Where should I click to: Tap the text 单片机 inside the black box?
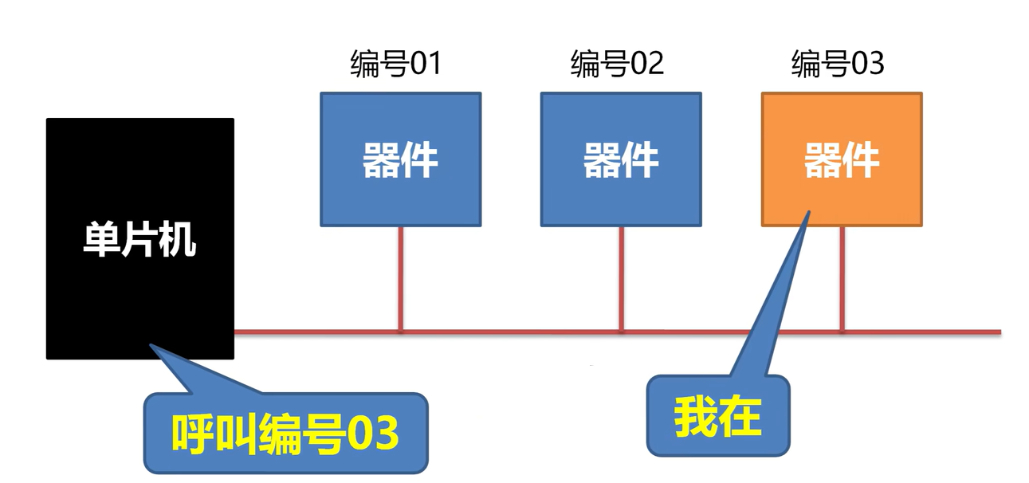pos(139,238)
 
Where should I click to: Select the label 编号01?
pos(395,64)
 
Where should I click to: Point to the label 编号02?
pos(617,64)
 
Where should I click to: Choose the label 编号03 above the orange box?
pos(838,64)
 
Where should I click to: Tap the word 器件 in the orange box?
pos(842,160)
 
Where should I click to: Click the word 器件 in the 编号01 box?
pos(400,160)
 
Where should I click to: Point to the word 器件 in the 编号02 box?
pos(621,160)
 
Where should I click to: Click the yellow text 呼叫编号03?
pos(285,434)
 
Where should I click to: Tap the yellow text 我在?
pos(717,417)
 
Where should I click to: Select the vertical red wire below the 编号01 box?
pos(400,279)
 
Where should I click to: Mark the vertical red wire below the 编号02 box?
pos(621,279)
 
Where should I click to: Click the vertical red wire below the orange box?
pos(842,279)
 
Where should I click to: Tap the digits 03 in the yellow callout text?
pos(371,434)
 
